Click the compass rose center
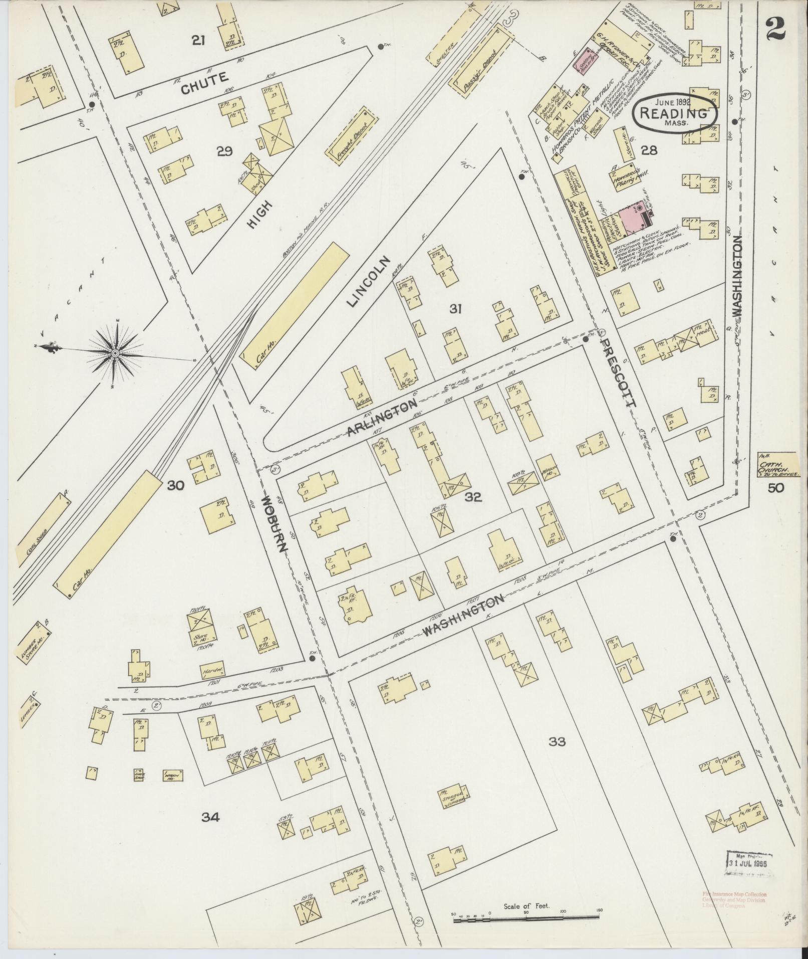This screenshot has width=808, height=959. pos(115,354)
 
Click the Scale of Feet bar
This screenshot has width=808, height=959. pos(525,916)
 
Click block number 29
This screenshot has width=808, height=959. pos(224,151)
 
